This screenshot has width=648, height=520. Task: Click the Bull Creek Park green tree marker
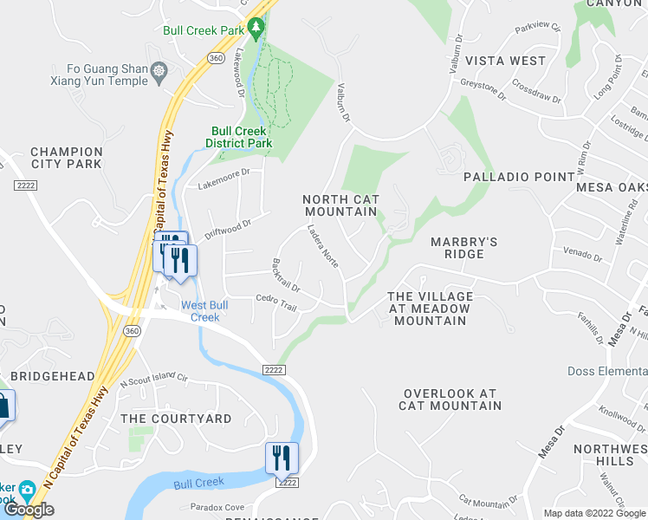[256, 29]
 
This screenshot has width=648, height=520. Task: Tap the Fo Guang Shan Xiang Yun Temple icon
[159, 69]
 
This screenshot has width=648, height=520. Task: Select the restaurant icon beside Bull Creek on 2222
[282, 457]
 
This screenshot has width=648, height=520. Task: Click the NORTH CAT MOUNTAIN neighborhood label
[341, 205]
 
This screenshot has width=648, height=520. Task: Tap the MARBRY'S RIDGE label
[464, 247]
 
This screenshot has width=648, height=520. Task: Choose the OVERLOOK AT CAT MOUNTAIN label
[451, 400]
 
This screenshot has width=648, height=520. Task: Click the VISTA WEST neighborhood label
[506, 61]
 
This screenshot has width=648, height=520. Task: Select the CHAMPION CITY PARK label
[67, 158]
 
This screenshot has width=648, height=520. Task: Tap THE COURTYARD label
[176, 419]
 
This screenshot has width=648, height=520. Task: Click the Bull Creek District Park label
[239, 137]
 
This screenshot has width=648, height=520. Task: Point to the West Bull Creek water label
[205, 310]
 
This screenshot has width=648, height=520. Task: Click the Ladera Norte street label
[323, 246]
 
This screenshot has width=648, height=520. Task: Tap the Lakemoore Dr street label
[224, 179]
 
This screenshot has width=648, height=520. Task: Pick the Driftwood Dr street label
[228, 229]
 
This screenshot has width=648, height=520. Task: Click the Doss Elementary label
[606, 371]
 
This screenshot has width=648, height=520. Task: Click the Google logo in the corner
[29, 510]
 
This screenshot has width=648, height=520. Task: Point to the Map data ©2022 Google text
[593, 513]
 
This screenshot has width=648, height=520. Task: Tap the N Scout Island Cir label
[153, 378]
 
